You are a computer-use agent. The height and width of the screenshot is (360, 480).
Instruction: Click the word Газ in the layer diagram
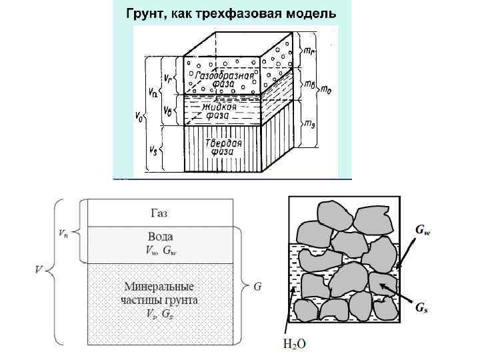point(158,213)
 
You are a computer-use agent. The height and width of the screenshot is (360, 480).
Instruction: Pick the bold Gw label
point(422,231)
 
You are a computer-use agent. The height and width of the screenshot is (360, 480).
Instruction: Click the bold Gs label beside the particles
point(421,307)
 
